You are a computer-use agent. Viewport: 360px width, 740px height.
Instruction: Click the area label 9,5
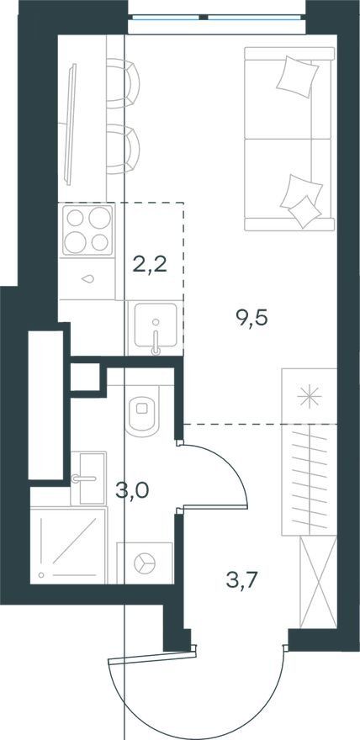point(251,319)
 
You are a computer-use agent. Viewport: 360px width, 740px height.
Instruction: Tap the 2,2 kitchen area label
point(150,266)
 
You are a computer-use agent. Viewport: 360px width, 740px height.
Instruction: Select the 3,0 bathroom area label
point(133,491)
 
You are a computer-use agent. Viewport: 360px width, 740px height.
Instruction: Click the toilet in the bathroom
point(143,408)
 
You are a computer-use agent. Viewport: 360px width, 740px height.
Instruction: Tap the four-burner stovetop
point(88,230)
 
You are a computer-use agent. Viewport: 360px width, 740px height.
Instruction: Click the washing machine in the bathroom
point(145,563)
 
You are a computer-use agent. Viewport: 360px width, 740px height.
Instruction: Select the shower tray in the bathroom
point(68,545)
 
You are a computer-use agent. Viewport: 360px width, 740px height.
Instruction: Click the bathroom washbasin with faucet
point(88,478)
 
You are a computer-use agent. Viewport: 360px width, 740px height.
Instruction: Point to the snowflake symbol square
point(309,395)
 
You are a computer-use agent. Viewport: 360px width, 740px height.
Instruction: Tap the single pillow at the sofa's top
point(298,77)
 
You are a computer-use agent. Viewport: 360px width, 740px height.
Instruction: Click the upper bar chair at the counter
point(122,83)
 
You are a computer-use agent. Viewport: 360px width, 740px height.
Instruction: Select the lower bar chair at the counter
point(122,149)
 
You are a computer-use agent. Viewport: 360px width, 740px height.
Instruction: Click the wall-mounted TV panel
point(71,124)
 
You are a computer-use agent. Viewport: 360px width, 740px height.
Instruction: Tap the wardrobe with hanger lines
point(309,479)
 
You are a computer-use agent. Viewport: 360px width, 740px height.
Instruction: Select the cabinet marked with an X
point(319,582)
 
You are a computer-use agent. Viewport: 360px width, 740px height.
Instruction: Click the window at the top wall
point(216,18)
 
